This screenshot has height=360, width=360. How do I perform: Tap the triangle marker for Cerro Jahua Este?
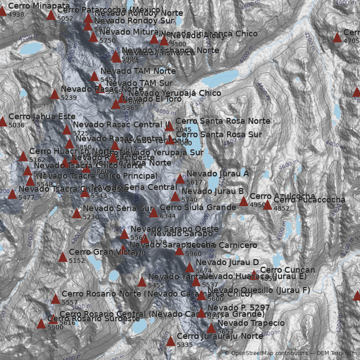click(3, 121)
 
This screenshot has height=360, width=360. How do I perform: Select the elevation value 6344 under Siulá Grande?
click(167, 216)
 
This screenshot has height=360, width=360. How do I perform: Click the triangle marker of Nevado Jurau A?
click(180, 179)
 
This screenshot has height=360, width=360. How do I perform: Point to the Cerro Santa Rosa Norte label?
click(223, 121)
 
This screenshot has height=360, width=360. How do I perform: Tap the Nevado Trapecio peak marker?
click(211, 328)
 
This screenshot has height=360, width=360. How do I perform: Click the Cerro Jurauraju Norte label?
click(220, 336)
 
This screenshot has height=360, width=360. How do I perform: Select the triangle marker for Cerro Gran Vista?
click(63, 257)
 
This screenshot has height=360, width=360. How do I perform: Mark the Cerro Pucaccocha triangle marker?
click(267, 205)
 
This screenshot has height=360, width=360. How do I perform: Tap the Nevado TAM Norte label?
click(138, 71)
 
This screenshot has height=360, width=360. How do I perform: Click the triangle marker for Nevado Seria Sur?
click(76, 214)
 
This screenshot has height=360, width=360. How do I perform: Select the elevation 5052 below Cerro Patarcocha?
click(65, 18)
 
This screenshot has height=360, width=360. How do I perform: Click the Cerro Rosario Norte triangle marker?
click(55, 299)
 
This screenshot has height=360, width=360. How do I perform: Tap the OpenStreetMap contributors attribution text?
click(266, 353)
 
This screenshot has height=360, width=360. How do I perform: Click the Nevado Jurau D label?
click(227, 262)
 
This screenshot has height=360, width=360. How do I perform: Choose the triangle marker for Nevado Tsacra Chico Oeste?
click(12, 194)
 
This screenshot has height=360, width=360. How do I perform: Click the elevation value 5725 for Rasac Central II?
click(81, 133)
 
